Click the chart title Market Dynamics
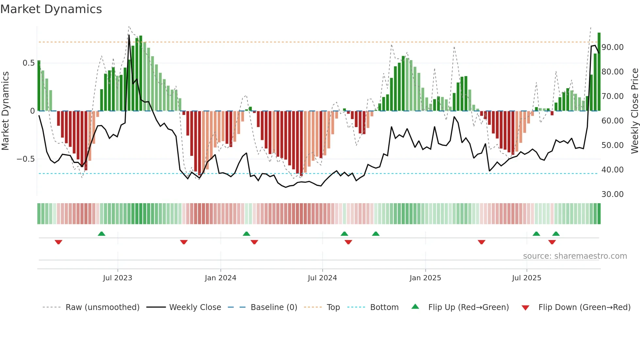[x=51, y=9]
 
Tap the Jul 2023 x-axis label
[x=118, y=278]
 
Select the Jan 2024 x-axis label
[x=220, y=278]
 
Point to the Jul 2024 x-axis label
[x=322, y=278]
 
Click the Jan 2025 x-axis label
[x=425, y=278]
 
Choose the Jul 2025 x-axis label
[x=526, y=278]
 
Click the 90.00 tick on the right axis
[x=612, y=47]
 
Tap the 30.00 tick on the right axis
[x=612, y=194]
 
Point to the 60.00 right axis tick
[x=612, y=121]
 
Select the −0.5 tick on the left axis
[x=25, y=159]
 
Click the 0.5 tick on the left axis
[x=28, y=63]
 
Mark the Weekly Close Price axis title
[x=634, y=111]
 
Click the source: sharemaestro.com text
[x=575, y=256]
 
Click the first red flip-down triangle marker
[x=58, y=242]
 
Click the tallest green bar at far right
[x=599, y=72]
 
